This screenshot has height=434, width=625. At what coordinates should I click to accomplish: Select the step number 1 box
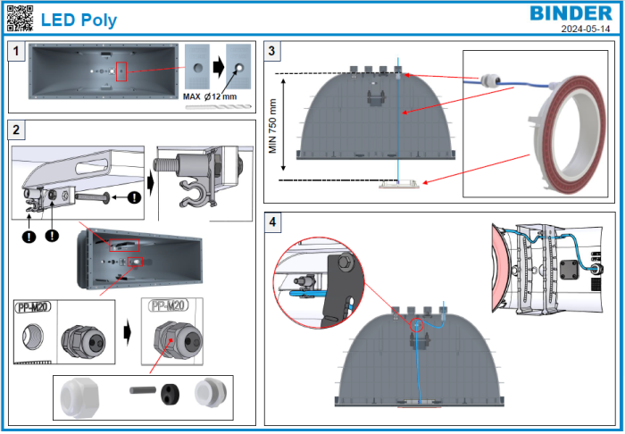click(15, 52)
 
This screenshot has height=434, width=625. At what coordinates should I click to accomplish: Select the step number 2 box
click(15, 130)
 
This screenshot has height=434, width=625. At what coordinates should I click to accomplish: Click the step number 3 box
click(275, 52)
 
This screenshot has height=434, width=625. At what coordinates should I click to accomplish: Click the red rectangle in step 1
click(122, 71)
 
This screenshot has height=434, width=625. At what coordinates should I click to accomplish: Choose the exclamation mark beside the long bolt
click(133, 197)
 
